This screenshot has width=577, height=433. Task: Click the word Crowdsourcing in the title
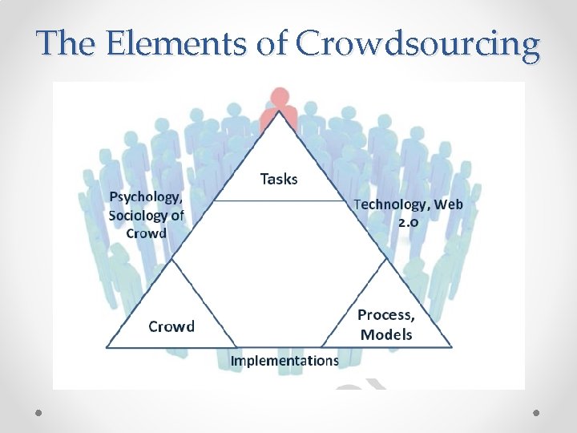(x=418, y=45)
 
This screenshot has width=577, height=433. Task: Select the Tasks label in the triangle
(x=279, y=179)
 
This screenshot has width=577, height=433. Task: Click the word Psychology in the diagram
(x=145, y=197)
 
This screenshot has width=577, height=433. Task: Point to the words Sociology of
(x=146, y=215)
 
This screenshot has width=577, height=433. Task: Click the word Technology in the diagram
(x=390, y=204)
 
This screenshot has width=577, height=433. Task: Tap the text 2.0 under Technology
(x=408, y=221)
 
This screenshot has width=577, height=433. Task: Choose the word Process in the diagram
(x=385, y=315)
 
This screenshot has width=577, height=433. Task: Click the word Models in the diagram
(x=386, y=334)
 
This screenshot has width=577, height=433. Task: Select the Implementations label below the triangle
(x=284, y=361)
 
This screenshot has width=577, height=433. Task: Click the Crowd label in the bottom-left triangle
(x=171, y=326)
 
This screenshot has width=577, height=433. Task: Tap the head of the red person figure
(x=279, y=98)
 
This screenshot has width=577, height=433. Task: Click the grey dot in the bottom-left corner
(x=39, y=412)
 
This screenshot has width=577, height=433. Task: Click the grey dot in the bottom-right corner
(x=537, y=412)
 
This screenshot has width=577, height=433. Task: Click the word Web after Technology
(x=450, y=204)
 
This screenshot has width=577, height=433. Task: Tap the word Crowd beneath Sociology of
(x=147, y=233)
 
